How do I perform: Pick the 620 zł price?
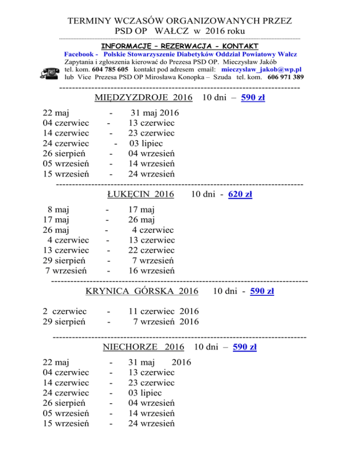tap(240, 195)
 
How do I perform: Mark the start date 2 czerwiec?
tap(64, 311)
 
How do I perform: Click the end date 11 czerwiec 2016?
tap(164, 311)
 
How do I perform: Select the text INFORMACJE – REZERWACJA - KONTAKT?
tap(180, 46)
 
